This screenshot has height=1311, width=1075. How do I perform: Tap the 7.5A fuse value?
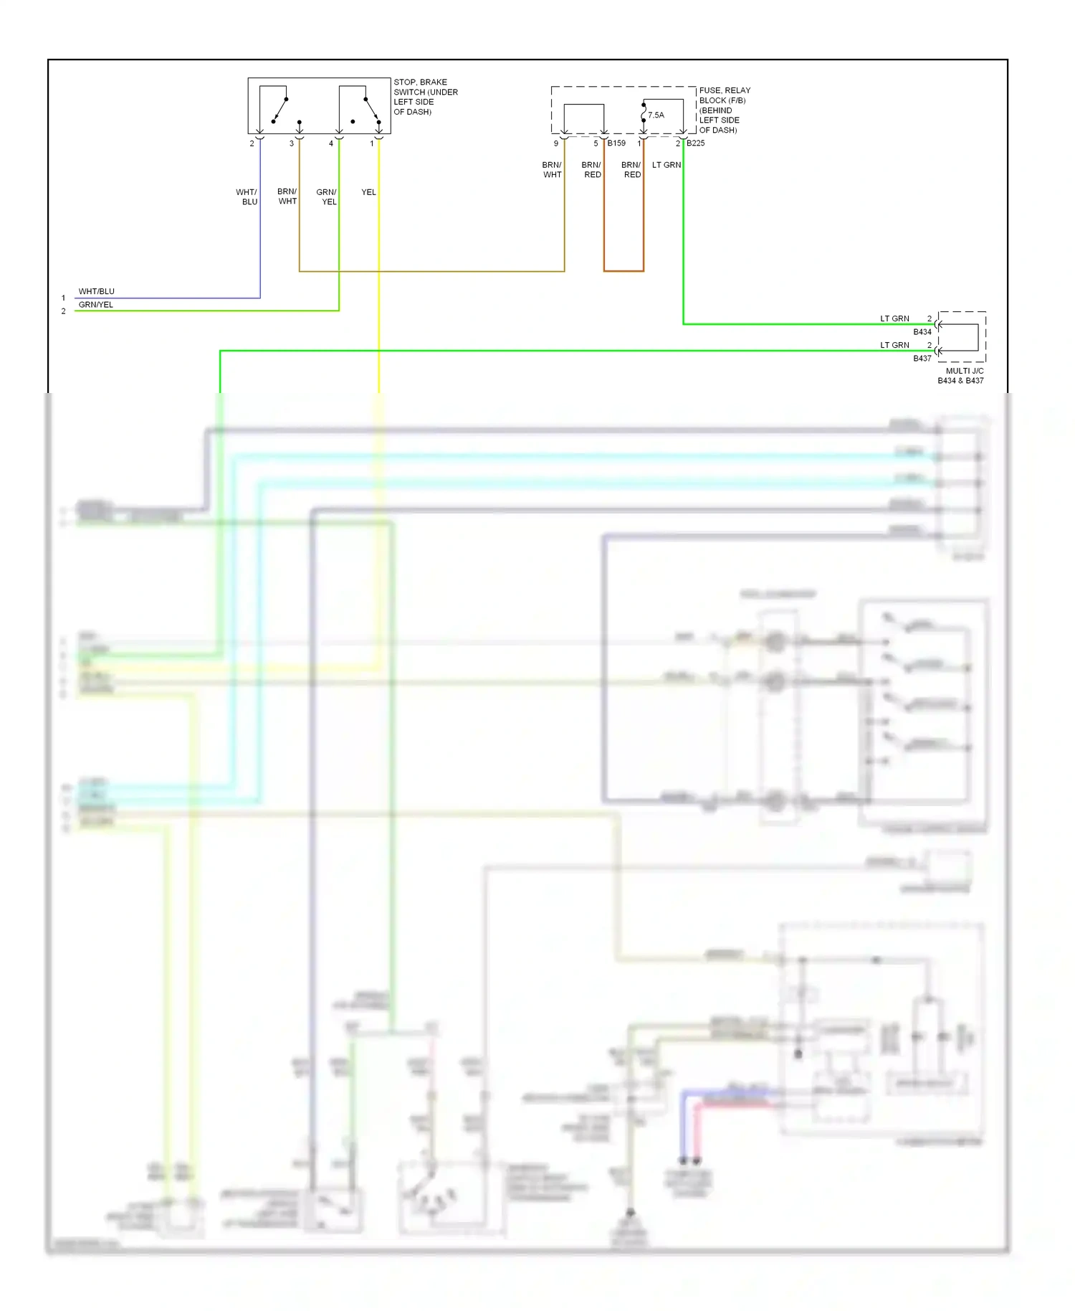click(x=656, y=115)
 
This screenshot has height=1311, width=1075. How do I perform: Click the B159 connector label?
click(x=616, y=143)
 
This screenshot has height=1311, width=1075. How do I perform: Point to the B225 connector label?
click(x=695, y=143)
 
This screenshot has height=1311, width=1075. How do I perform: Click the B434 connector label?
click(x=922, y=332)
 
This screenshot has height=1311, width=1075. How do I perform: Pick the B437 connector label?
click(x=922, y=359)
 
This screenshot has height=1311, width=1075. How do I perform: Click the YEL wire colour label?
click(x=368, y=192)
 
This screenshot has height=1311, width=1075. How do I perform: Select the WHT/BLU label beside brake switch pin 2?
click(x=247, y=197)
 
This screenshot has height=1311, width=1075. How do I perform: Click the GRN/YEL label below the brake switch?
click(x=327, y=197)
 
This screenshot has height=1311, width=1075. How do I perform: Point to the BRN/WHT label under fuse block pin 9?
click(x=552, y=170)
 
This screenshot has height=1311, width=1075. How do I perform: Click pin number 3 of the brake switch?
click(x=292, y=143)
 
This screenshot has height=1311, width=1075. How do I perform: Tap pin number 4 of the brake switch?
click(x=331, y=143)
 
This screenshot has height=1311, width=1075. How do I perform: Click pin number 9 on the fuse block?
click(x=556, y=143)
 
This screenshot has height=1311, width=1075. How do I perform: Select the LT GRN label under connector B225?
click(x=666, y=165)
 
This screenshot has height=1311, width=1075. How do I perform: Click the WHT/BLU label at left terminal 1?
click(x=96, y=291)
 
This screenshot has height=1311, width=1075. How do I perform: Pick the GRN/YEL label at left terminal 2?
click(x=95, y=305)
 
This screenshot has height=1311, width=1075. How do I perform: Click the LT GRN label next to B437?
click(x=894, y=345)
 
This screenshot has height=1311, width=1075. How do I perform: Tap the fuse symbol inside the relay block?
click(x=644, y=113)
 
